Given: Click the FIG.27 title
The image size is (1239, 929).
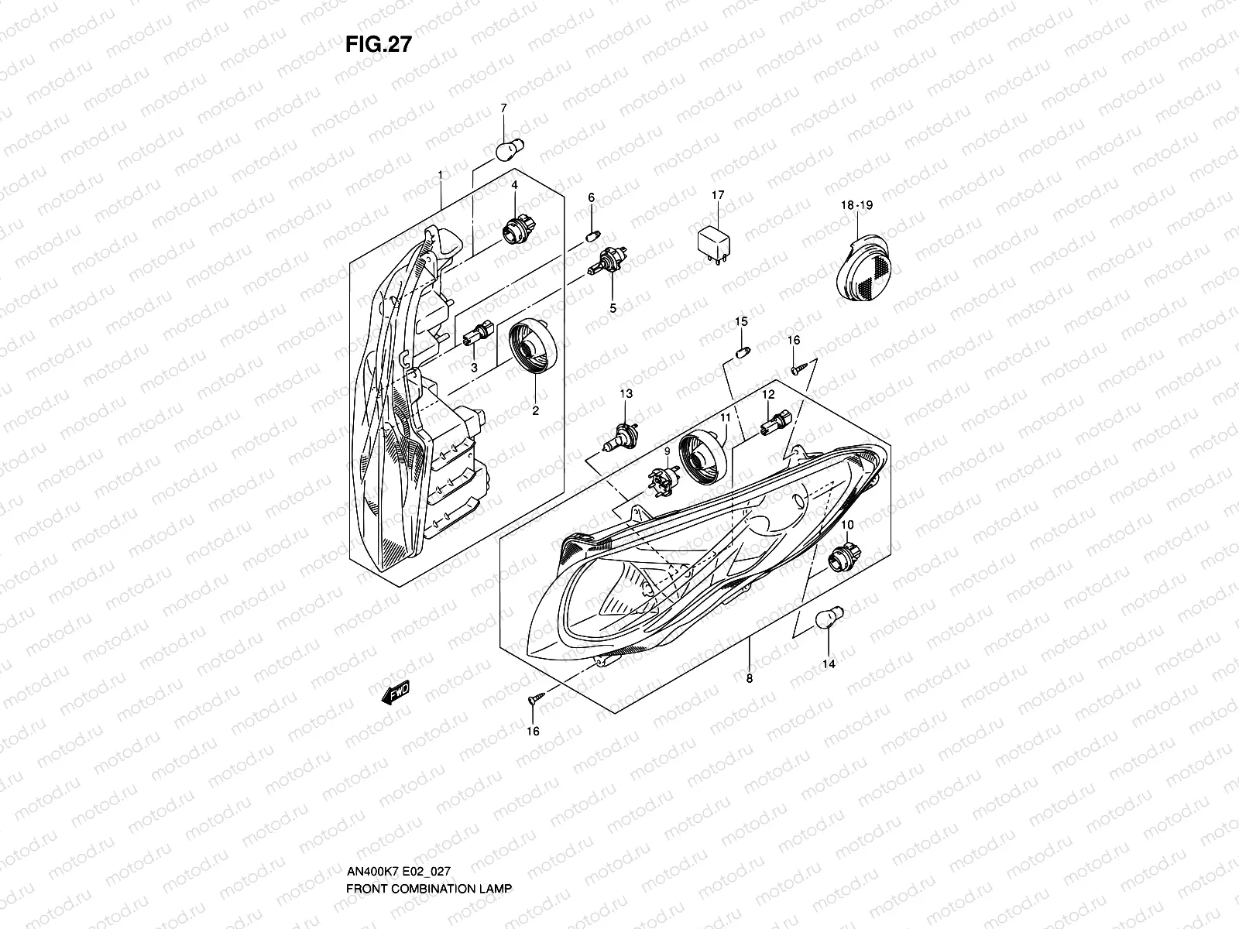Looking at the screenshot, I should point(378,45).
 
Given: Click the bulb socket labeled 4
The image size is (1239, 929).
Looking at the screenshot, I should point(511,229).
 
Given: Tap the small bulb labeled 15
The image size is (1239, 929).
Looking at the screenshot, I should point(740,352).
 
